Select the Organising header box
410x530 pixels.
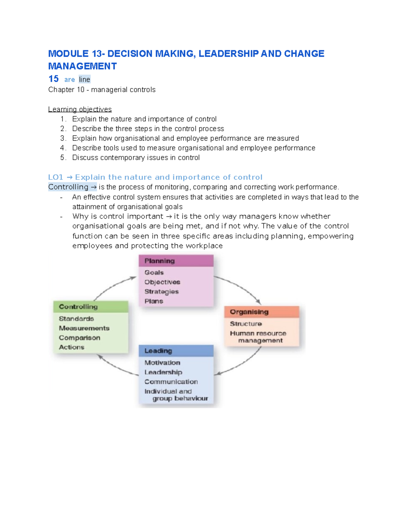(x=261, y=312)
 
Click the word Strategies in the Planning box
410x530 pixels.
(x=161, y=292)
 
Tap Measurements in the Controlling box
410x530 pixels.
(x=84, y=328)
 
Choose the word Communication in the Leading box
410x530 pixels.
(x=171, y=382)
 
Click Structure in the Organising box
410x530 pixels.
(x=246, y=324)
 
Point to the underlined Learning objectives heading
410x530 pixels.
(x=80, y=109)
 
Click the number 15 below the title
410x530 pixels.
(x=53, y=79)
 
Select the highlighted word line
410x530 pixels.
(x=84, y=80)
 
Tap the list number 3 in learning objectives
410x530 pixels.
(x=63, y=138)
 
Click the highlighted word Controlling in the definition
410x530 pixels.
(x=68, y=187)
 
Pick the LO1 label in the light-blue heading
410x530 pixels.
(x=56, y=177)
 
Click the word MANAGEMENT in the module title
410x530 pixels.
(x=82, y=66)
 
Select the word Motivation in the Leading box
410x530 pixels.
(x=162, y=363)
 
